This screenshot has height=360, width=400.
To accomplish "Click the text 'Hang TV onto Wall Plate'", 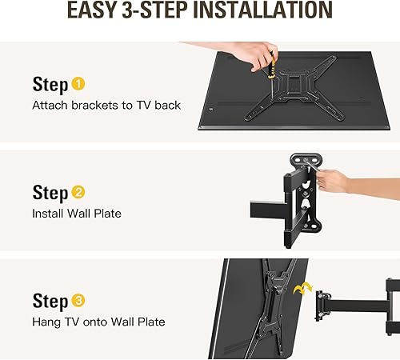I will click(98, 322).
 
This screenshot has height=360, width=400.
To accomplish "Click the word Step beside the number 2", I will click(49, 193).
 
